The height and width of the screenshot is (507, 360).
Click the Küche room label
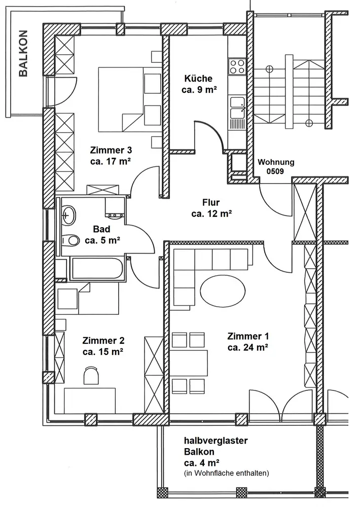pos(198,79)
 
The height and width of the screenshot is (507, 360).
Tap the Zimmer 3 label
pos(111,151)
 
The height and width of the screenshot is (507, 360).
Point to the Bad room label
pos(102,229)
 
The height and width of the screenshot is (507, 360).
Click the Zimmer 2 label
pos(103,341)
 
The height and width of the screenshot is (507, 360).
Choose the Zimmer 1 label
pos(248,336)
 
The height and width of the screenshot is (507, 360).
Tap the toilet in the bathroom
pos(70,239)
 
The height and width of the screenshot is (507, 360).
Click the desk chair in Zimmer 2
pos(91,376)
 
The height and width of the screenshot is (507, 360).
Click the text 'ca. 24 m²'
pos(247,348)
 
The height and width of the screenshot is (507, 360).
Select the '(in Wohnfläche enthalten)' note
pos(226,473)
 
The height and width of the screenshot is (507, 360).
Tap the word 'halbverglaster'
pos(216,441)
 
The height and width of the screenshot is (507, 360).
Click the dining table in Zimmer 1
pos(189,361)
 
